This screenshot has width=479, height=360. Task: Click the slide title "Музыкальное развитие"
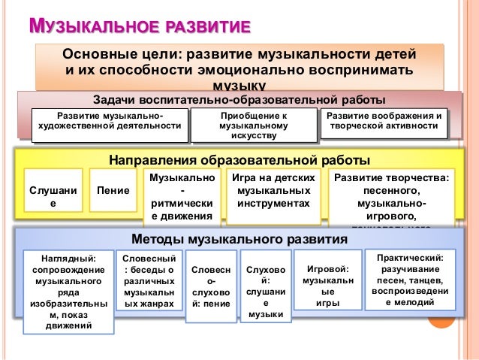click(139, 29)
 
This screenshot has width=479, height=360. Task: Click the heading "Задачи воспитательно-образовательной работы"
click(239, 100)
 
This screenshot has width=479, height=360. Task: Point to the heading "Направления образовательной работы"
click(239, 161)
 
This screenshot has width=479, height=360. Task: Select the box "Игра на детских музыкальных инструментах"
click(273, 192)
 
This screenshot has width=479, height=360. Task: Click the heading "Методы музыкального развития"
click(239, 240)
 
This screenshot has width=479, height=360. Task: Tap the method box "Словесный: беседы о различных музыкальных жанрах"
click(147, 281)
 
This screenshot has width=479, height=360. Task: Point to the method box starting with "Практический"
click(409, 280)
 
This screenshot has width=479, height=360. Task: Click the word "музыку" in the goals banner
click(239, 85)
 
